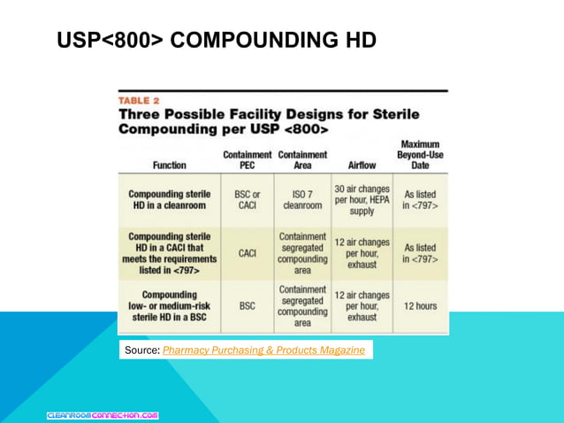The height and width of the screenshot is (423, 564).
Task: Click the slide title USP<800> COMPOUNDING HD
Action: coord(217,40)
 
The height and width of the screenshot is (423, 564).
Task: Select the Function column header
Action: coord(169,164)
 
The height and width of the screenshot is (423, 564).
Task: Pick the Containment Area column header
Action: coord(301,158)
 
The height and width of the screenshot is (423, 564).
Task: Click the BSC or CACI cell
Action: coord(247,199)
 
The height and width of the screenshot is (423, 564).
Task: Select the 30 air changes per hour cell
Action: coord(362,199)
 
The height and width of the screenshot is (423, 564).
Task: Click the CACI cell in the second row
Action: coord(248,253)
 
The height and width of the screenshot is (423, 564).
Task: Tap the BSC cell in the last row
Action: coord(248,307)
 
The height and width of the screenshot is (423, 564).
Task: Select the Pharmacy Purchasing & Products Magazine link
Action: coord(263,350)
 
